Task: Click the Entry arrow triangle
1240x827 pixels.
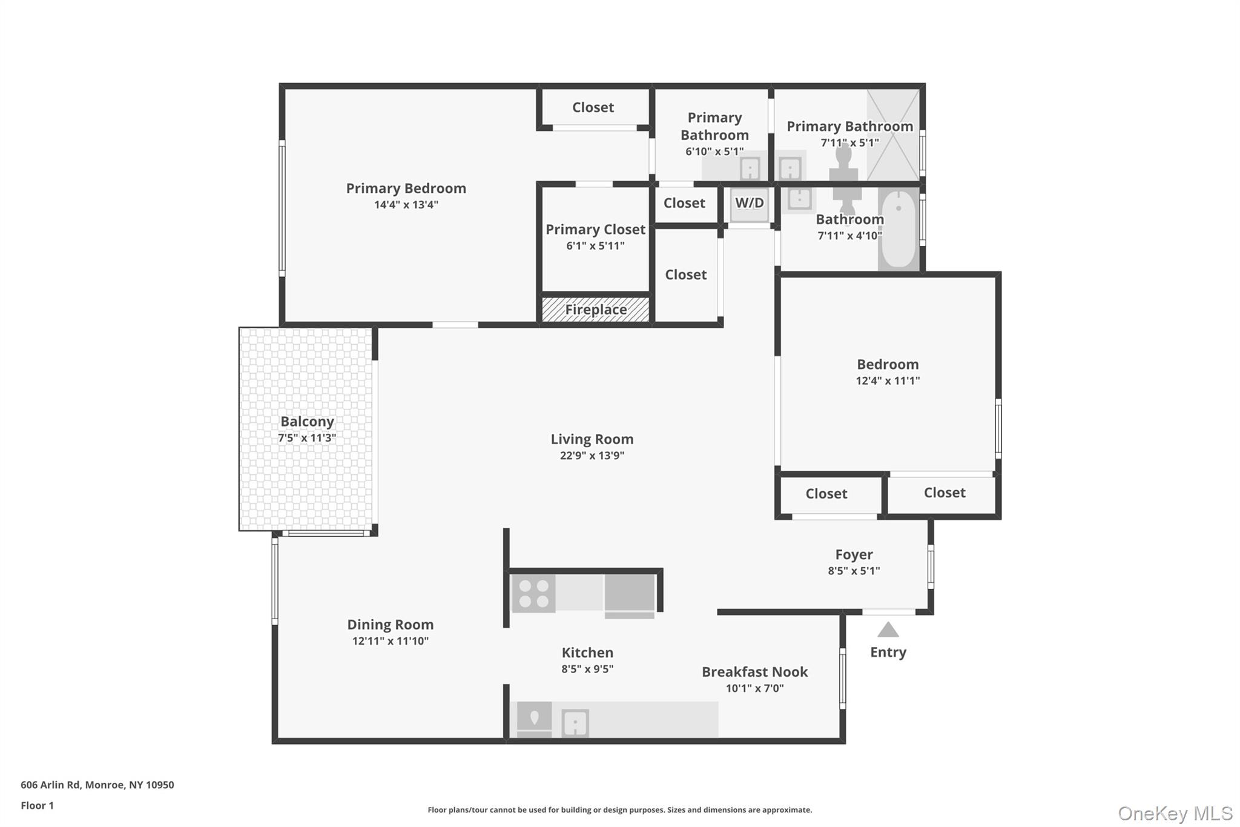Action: (x=888, y=630)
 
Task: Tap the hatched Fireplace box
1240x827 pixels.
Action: (x=595, y=310)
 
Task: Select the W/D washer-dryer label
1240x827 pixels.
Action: (x=749, y=203)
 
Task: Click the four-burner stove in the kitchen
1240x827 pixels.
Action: (x=533, y=594)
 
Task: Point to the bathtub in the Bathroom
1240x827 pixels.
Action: (x=899, y=228)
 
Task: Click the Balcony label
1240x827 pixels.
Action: (x=307, y=422)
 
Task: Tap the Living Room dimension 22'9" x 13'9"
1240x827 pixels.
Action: (x=592, y=456)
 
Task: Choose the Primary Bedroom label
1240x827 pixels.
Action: (x=406, y=188)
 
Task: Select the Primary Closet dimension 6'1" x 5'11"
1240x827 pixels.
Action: (x=595, y=246)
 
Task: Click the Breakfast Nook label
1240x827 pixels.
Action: (x=754, y=672)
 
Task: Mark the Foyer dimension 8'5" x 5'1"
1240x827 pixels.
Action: (x=854, y=571)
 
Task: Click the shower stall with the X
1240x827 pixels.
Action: (x=893, y=135)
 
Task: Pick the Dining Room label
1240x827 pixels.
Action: (x=390, y=625)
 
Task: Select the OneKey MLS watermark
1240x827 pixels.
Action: (x=1175, y=813)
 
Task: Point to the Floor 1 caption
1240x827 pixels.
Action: (x=37, y=806)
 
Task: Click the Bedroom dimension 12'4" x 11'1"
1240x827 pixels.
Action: (x=888, y=381)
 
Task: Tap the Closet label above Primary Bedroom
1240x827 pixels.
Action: (x=593, y=107)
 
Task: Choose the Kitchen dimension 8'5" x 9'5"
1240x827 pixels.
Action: (x=587, y=669)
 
